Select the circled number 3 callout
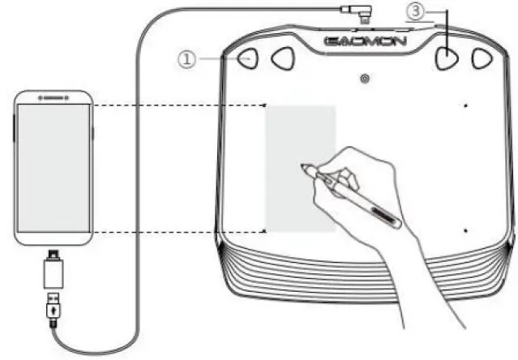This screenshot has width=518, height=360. point(415,11)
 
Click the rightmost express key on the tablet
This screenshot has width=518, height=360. point(482,58)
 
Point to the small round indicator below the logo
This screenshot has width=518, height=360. point(366,79)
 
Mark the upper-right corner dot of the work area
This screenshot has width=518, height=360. point(465,105)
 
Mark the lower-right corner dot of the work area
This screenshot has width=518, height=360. point(465,231)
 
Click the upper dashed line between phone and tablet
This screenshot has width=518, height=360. point(178,105)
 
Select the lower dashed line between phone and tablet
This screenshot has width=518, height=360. point(178,232)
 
